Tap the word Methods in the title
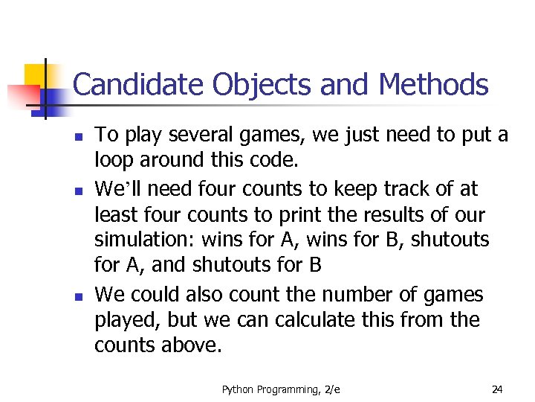click(433, 85)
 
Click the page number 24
click(498, 389)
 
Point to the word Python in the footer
click(237, 389)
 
